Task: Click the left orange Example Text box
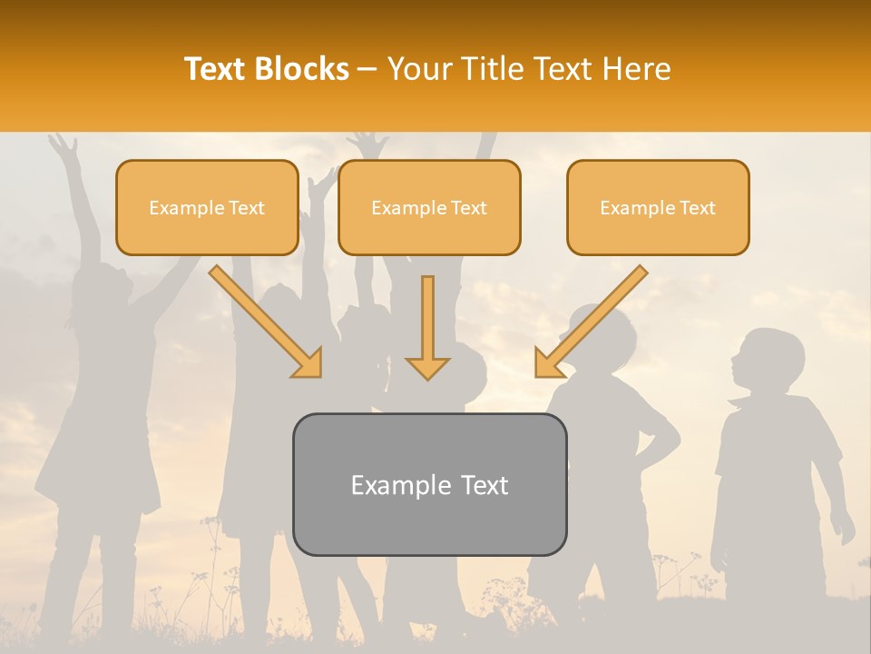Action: (207, 208)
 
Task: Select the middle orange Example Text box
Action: (429, 208)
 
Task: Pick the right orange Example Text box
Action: (658, 208)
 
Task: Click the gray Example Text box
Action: (429, 484)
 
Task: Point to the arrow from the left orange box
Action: (267, 322)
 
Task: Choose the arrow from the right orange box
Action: (591, 322)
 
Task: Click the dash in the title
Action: (367, 70)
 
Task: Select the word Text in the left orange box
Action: (247, 208)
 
